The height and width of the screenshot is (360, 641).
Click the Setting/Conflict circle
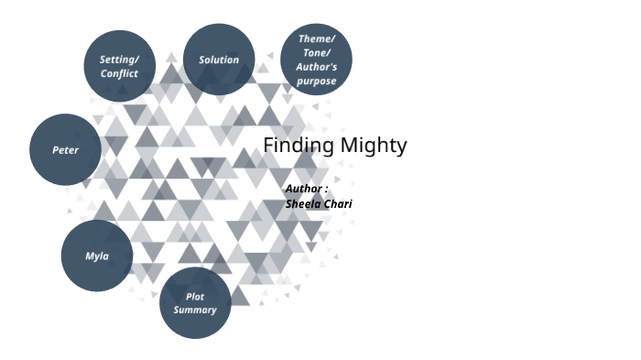click(x=119, y=65)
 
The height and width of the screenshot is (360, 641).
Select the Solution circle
click(x=219, y=60)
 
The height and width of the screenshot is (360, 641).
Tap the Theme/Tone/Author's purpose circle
click(x=317, y=60)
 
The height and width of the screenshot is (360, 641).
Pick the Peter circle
click(x=65, y=149)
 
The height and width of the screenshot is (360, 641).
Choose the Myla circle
click(x=97, y=256)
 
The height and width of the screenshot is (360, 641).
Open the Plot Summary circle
click(x=195, y=303)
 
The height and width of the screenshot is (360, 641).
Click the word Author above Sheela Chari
click(x=302, y=189)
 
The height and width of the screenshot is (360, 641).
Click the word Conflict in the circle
click(x=119, y=73)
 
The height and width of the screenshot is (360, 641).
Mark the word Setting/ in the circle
click(x=119, y=60)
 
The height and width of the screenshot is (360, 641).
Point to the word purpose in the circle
click(x=317, y=81)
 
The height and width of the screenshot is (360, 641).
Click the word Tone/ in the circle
click(x=317, y=52)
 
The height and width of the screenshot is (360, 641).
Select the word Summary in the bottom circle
click(x=195, y=310)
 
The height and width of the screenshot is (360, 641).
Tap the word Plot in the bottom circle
click(x=195, y=297)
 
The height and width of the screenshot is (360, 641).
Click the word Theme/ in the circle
click(x=317, y=38)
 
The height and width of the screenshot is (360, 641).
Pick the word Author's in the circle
click(x=317, y=67)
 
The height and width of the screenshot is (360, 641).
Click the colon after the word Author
click(x=326, y=190)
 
